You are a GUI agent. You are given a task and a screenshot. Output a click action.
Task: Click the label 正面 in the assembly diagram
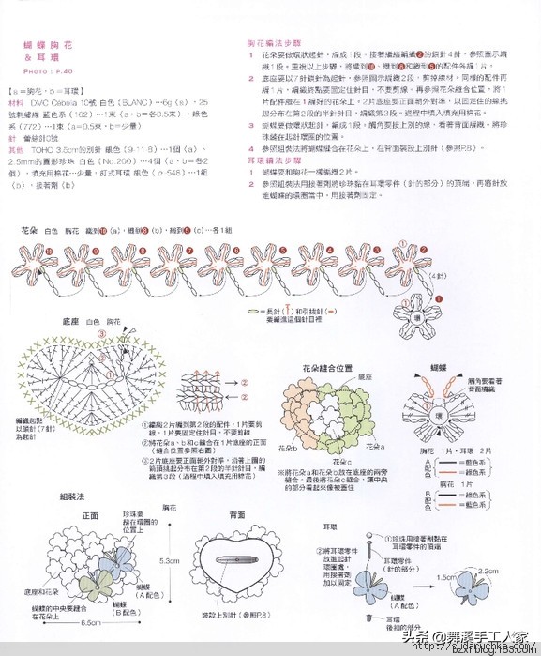[x=91, y=515]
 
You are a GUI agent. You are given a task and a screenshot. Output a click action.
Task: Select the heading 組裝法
[x=72, y=495]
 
